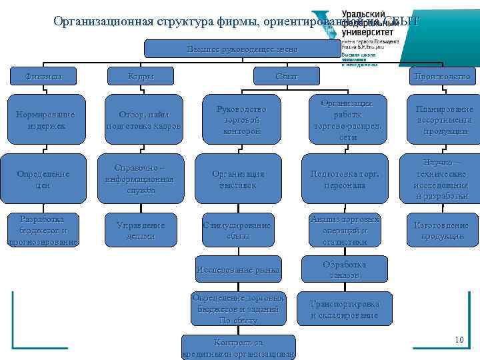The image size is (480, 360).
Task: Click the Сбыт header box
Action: click(x=287, y=76)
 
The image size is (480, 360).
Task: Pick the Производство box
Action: click(x=443, y=76)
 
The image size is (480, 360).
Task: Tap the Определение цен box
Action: click(x=43, y=179)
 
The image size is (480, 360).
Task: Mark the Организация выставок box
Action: click(x=238, y=179)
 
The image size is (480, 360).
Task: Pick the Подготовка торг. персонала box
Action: click(x=344, y=179)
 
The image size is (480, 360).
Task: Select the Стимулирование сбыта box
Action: click(x=238, y=231)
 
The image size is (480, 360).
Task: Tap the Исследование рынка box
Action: click(x=238, y=270)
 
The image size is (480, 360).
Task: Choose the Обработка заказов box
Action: click(x=344, y=269)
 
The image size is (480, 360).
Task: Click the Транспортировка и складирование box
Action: click(x=344, y=309)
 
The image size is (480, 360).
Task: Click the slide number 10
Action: click(x=459, y=341)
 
